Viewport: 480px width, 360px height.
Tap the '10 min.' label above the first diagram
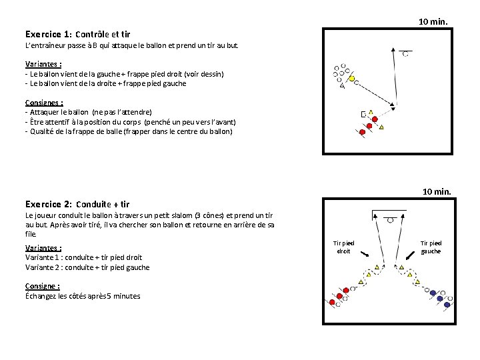point(433,22)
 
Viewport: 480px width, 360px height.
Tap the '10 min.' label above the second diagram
point(437,192)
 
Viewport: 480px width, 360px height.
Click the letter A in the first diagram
point(342,86)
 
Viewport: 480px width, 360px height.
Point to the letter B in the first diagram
point(363,114)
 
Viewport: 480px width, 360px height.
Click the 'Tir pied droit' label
point(343,247)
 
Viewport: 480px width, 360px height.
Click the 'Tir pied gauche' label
point(431,247)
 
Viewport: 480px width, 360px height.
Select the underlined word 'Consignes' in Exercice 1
point(43,103)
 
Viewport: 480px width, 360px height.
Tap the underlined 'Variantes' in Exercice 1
point(43,65)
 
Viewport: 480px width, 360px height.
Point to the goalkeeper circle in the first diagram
point(405,53)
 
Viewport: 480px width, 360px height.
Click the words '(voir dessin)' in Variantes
point(205,74)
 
